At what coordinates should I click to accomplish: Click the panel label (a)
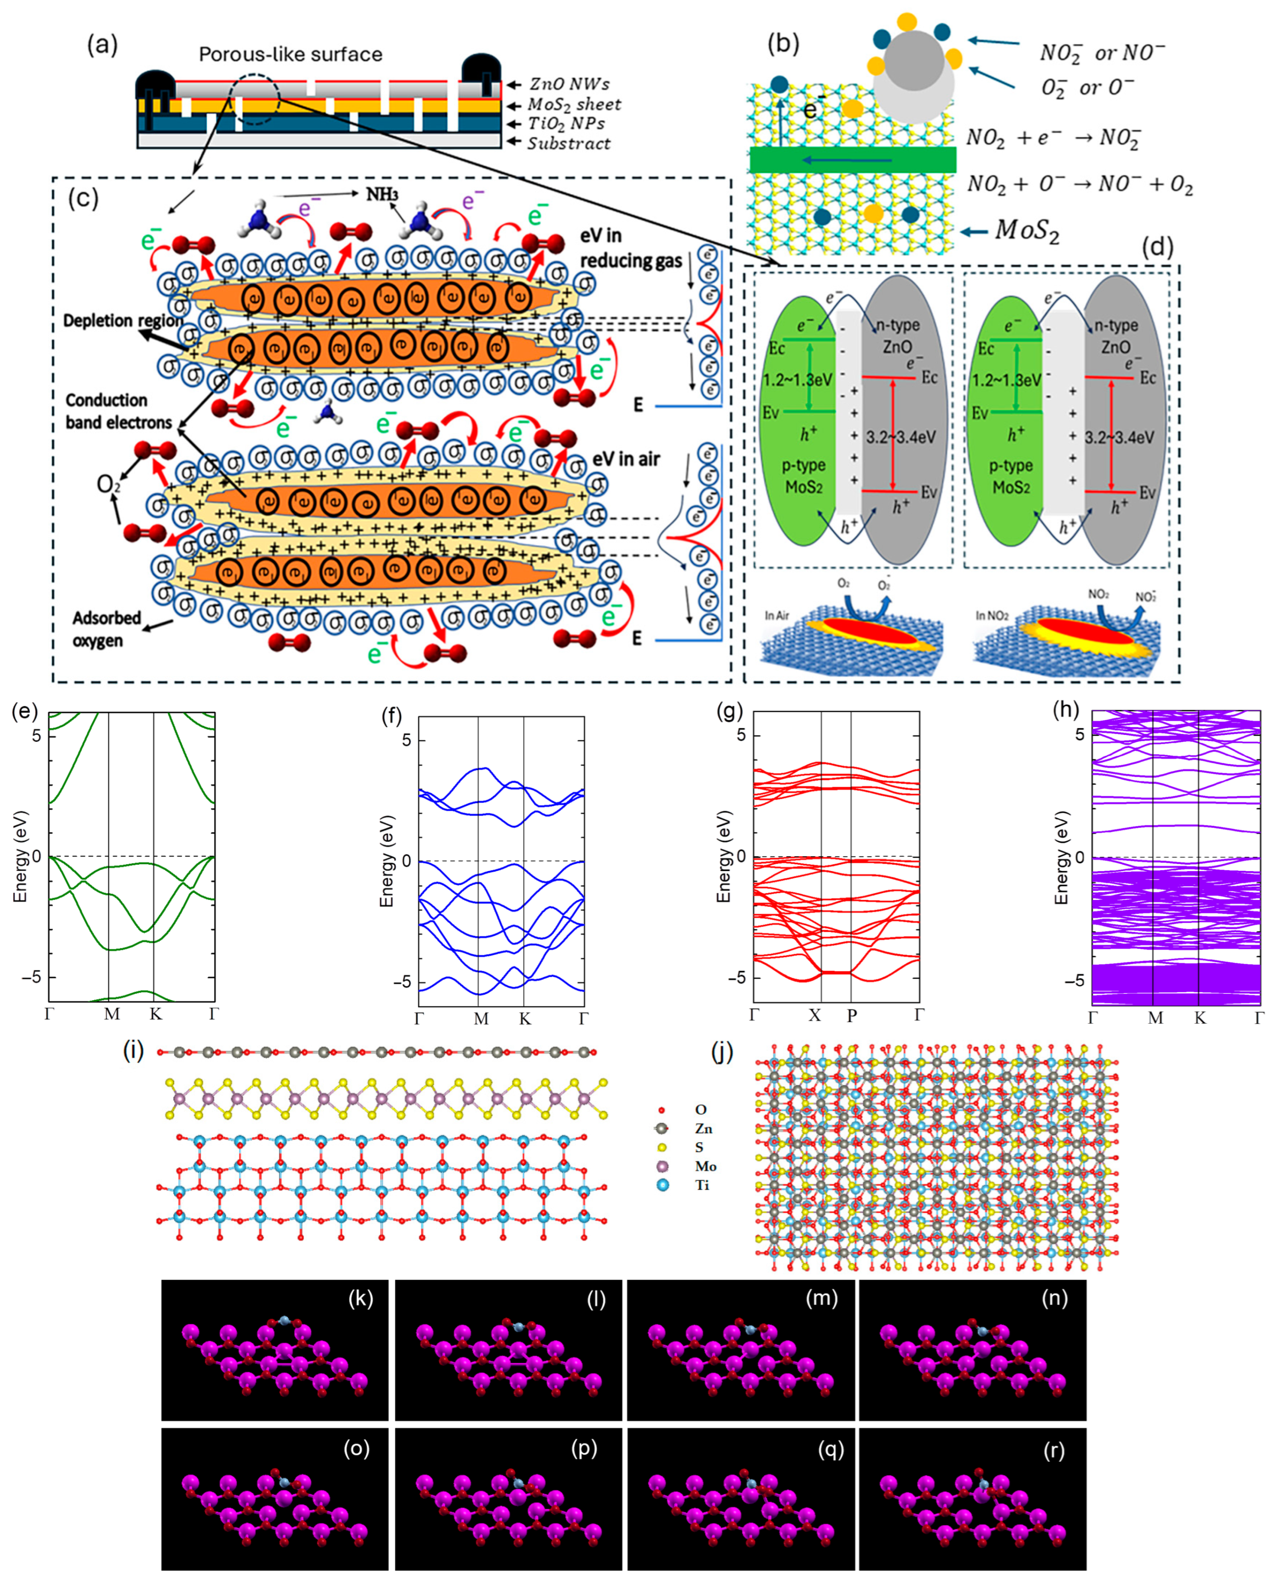point(102,45)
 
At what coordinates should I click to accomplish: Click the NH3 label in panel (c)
point(382,194)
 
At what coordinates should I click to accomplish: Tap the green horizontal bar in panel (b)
point(852,159)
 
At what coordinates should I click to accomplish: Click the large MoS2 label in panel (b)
point(1026,231)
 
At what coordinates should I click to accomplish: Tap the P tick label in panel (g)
point(851,1015)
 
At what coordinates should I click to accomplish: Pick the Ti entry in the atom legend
point(702,1185)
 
